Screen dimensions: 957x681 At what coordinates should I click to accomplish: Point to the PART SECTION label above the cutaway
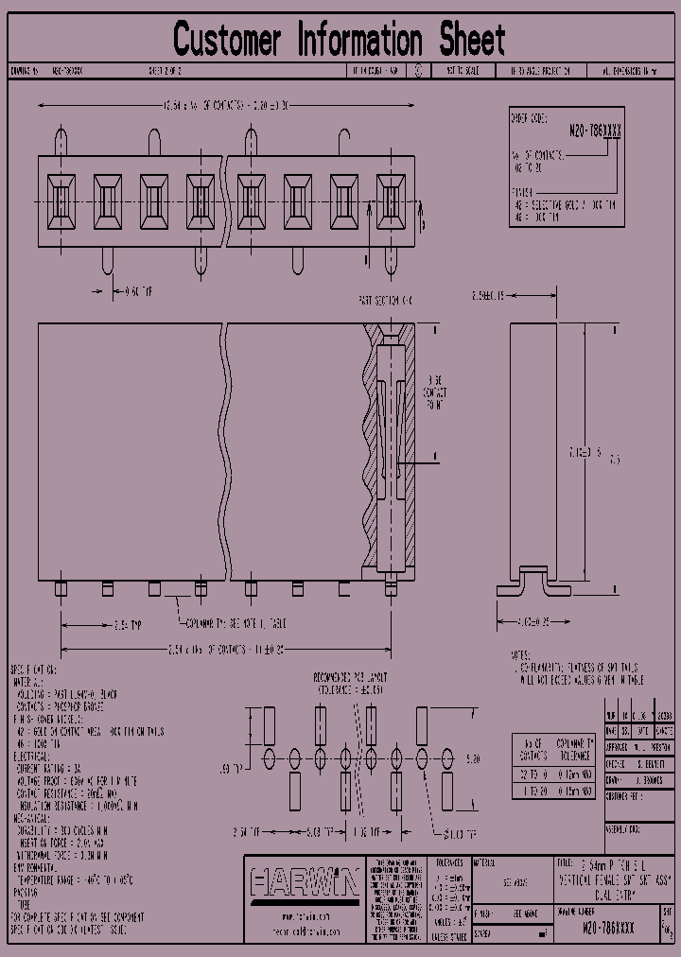385,299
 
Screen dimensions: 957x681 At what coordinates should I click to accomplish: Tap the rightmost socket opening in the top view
391,200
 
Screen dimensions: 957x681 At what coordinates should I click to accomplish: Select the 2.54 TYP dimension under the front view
128,625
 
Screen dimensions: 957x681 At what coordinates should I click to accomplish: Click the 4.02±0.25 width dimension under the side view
534,622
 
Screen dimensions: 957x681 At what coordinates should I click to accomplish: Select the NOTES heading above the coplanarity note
521,654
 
